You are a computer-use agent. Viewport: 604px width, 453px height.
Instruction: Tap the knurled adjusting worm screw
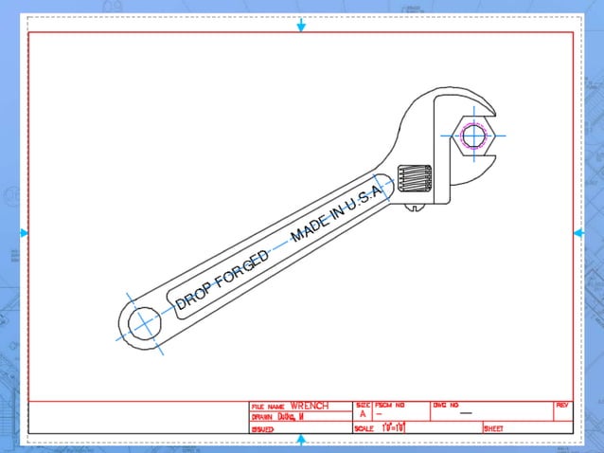coord(414,178)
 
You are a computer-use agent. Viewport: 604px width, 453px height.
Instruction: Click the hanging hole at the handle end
coord(144,322)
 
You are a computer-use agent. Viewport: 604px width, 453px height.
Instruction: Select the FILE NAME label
coord(267,407)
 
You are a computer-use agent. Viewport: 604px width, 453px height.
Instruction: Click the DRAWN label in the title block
coord(261,417)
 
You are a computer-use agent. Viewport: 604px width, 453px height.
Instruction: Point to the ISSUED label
coord(262,429)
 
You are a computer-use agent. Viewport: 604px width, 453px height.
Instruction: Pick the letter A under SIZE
coord(363,414)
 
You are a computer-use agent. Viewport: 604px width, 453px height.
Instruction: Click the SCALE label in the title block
coord(364,428)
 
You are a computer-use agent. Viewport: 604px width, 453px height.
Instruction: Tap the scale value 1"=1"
coord(393,428)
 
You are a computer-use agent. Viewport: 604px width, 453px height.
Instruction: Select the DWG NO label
coord(445,405)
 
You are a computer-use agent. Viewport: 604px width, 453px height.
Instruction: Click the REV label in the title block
coord(562,405)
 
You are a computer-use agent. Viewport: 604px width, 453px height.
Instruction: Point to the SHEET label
coord(494,428)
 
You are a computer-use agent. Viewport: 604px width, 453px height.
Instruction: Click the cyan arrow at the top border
coord(301,26)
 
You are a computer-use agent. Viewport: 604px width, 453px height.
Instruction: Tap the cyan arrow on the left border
coord(25,233)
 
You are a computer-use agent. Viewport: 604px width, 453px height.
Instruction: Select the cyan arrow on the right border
coord(577,233)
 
